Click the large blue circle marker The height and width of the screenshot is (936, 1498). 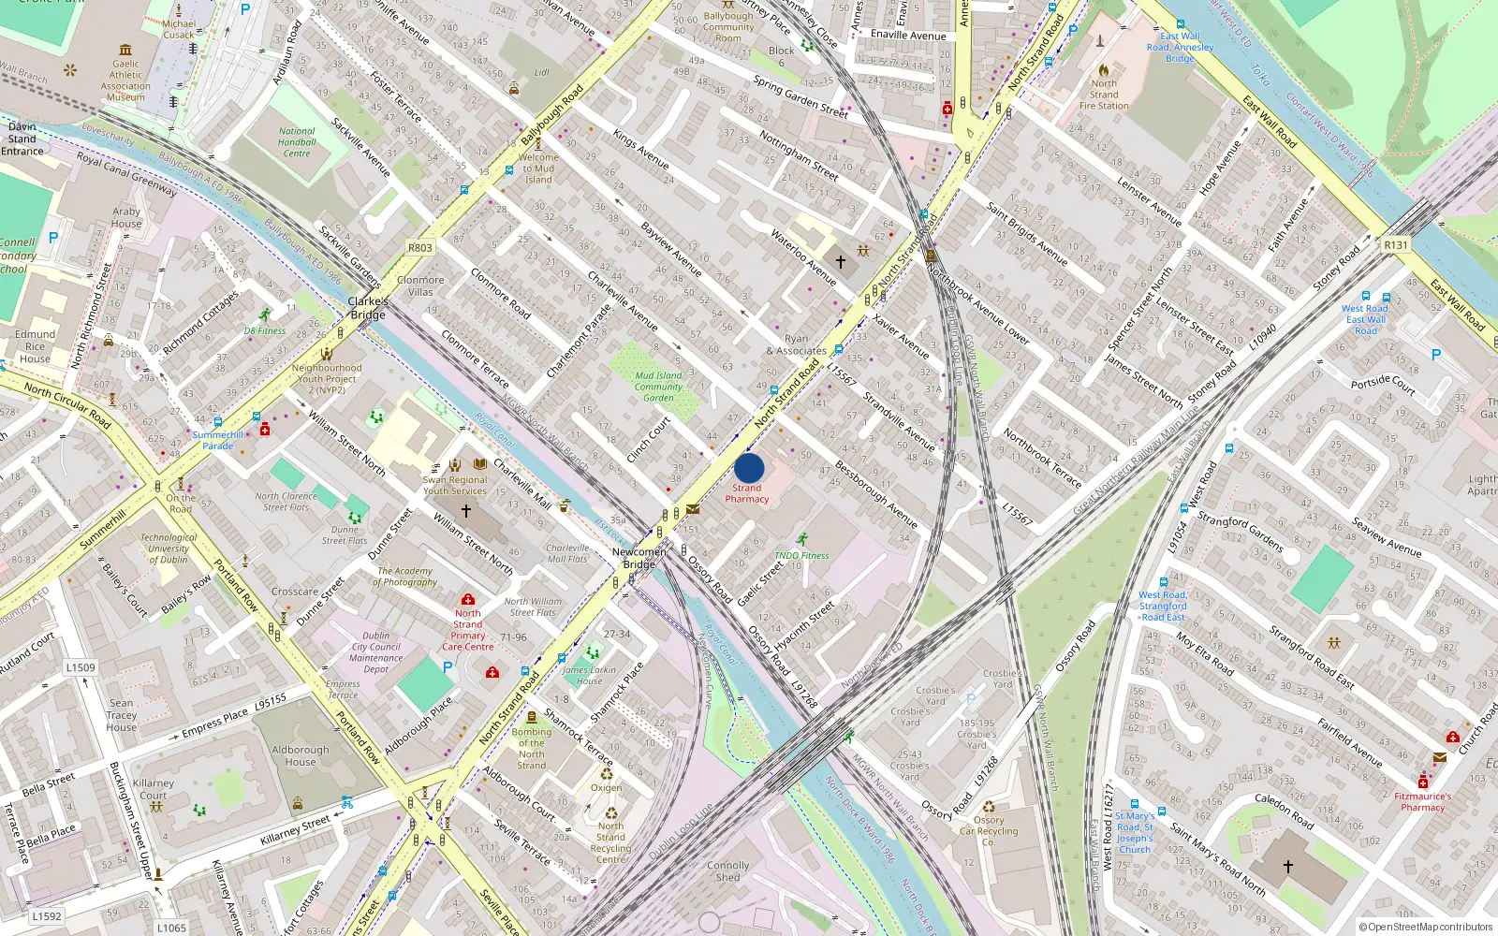point(749,468)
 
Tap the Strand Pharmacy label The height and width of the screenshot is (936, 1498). point(747,493)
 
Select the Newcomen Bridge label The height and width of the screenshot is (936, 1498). point(639,558)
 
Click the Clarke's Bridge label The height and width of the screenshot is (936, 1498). point(368,308)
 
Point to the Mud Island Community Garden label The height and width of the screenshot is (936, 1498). point(658,387)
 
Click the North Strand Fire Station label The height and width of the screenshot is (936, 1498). point(1104,95)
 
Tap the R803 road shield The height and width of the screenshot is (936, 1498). point(420,248)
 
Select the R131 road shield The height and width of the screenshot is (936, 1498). point(1395,245)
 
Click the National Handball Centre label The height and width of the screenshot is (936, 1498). point(297,142)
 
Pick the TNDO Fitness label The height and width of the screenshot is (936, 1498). point(801,555)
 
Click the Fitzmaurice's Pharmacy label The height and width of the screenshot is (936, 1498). point(1423,801)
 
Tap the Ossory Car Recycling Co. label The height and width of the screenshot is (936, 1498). point(989,830)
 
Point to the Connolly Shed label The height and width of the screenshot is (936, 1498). point(728,871)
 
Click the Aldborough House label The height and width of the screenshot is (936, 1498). point(301,755)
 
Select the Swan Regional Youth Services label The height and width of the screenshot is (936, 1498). point(455,485)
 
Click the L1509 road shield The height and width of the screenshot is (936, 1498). point(81,667)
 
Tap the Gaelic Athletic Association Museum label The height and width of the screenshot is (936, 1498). point(125,80)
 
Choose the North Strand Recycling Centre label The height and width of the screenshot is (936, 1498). point(610,842)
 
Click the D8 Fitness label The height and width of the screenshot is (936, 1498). point(265,330)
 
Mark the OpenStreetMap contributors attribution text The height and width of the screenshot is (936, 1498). point(1425,928)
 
